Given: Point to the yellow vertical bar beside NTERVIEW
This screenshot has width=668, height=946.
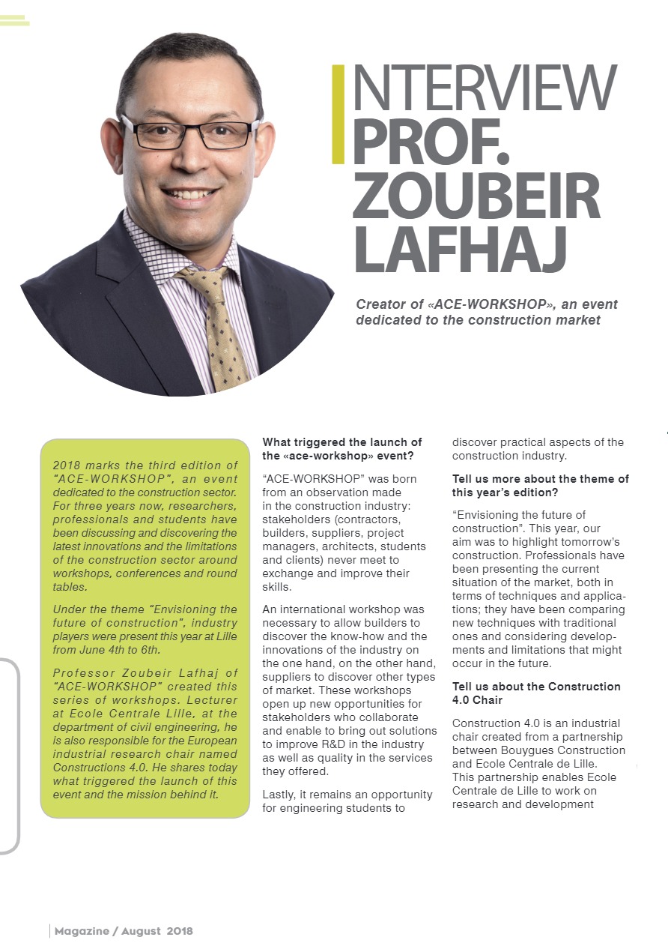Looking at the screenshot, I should tap(338, 114).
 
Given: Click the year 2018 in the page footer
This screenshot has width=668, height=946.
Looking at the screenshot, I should tap(180, 931).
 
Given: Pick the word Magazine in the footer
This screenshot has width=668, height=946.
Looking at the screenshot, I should tap(80, 931).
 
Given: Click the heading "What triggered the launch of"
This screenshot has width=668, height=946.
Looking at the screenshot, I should tap(341, 442).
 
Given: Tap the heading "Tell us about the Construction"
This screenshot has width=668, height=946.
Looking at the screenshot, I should tap(536, 687).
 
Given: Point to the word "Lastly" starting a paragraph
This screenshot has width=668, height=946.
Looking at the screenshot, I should tap(279, 794).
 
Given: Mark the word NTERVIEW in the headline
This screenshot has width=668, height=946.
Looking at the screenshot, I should tap(484, 88).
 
